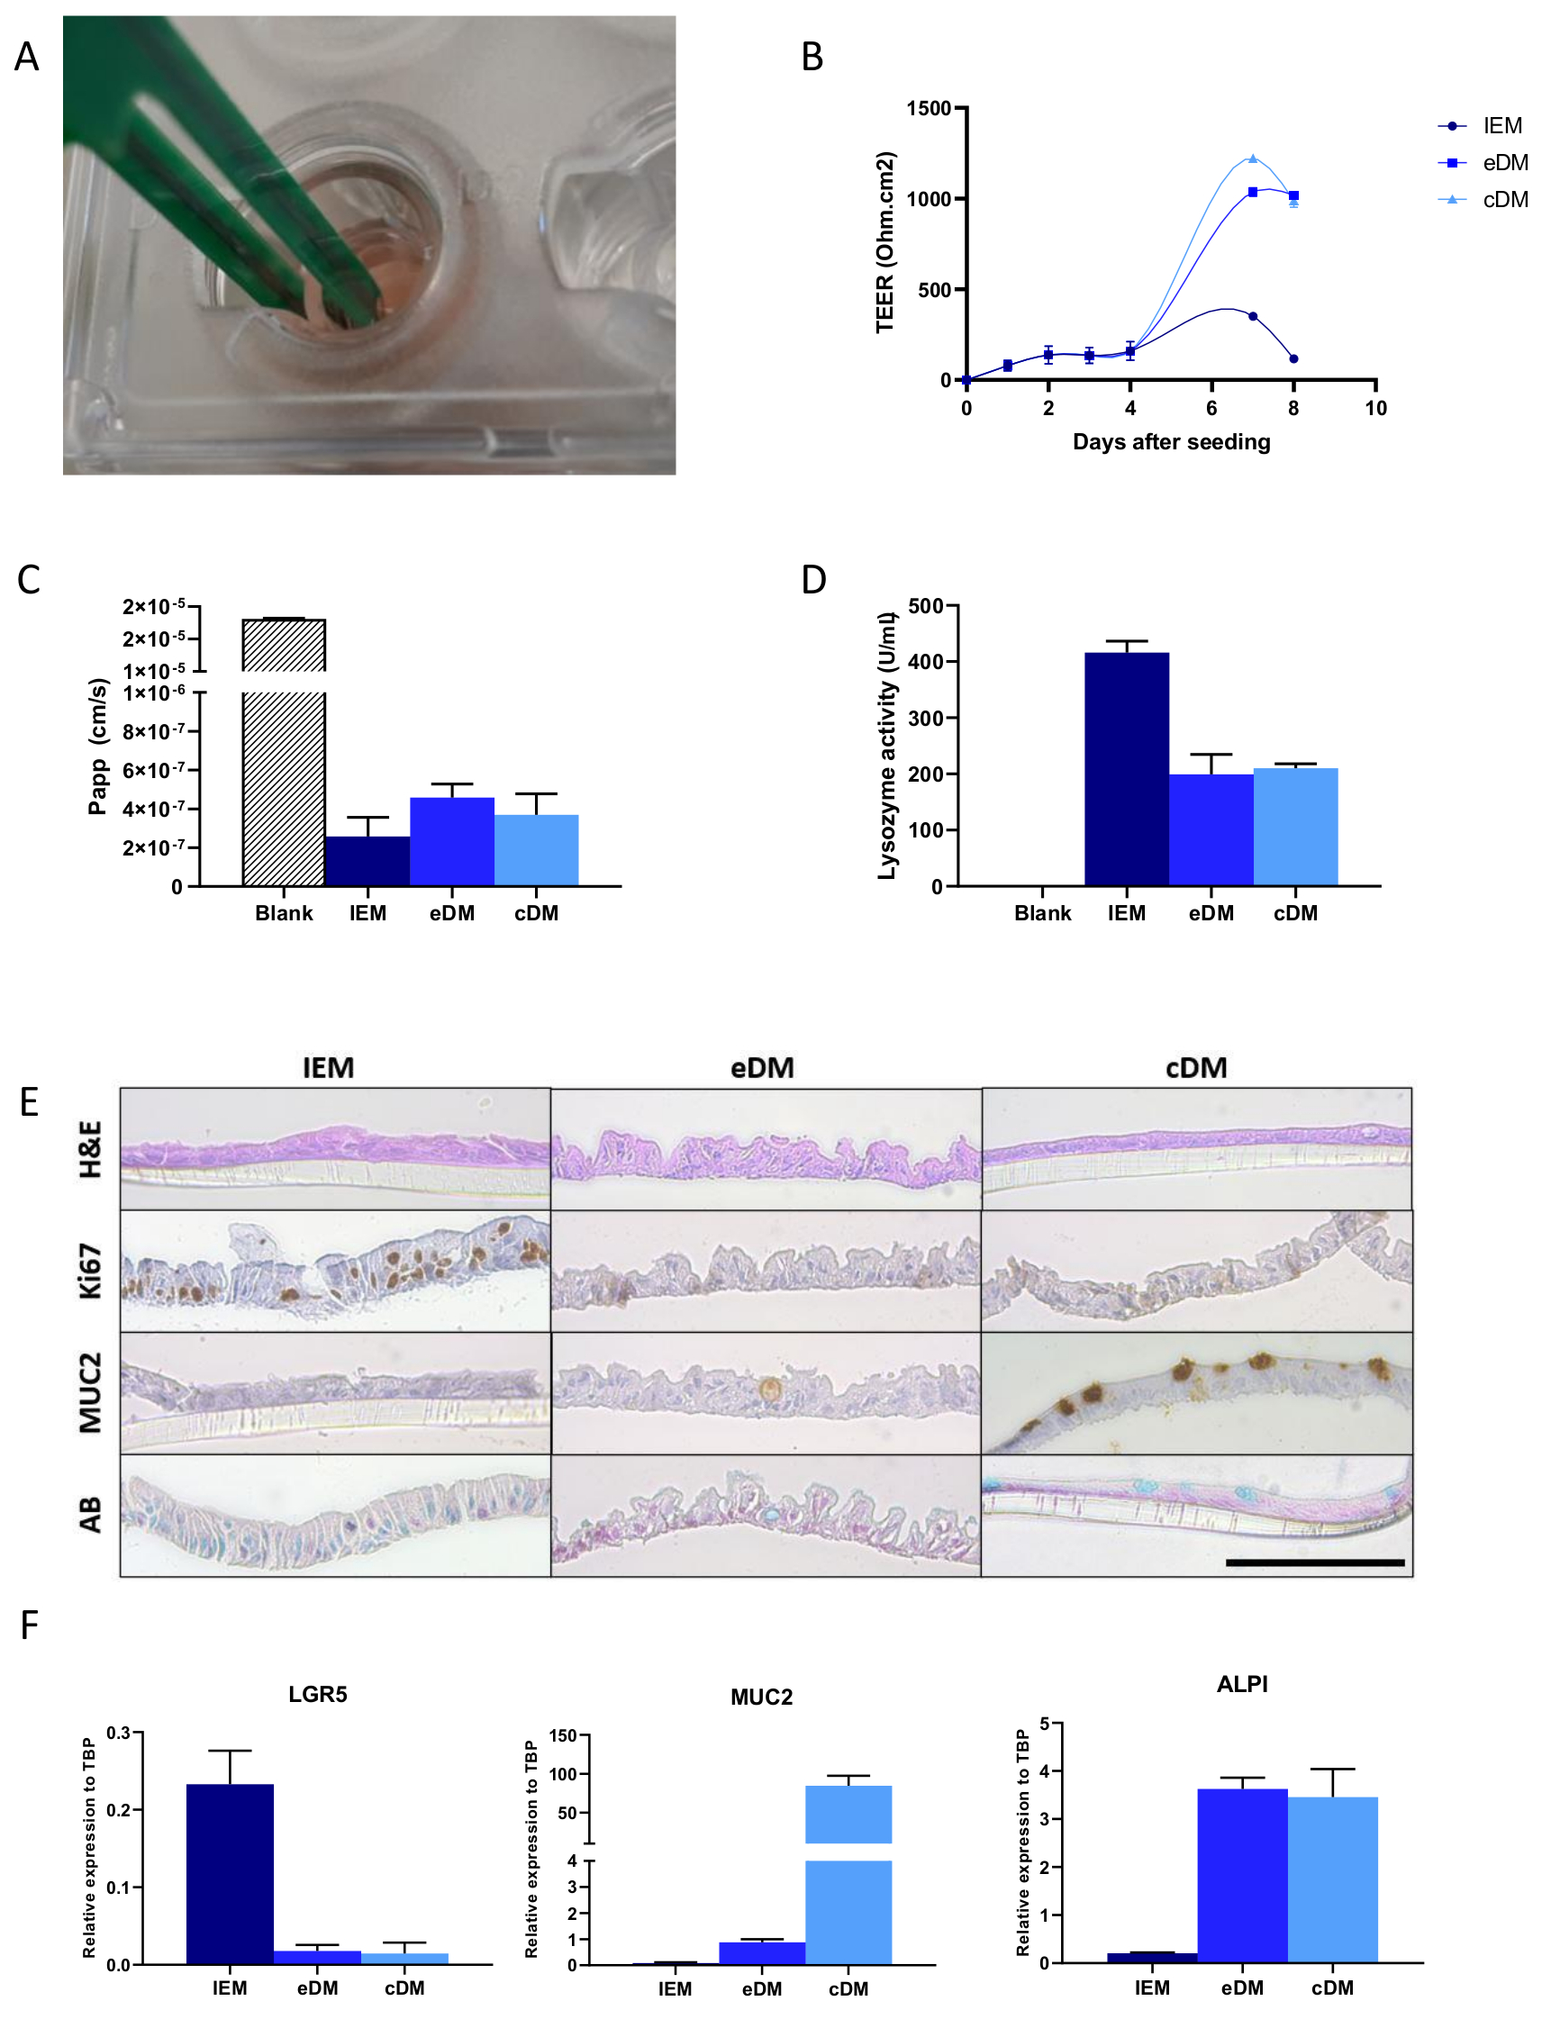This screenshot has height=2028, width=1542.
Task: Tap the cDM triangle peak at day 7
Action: [x=1253, y=158]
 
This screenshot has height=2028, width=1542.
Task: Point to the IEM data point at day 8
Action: [x=1293, y=358]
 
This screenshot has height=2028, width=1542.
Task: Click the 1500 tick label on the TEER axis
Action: [x=928, y=108]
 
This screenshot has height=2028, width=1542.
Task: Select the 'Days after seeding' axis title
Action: [x=1171, y=442]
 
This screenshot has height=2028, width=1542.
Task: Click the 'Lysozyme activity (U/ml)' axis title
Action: [x=885, y=745]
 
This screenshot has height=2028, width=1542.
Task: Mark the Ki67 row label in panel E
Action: [x=90, y=1271]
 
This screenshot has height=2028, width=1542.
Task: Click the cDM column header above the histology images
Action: [x=1196, y=1068]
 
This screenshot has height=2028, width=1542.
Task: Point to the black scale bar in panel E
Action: [x=1314, y=1562]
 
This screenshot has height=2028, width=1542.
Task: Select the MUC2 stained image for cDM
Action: [x=1197, y=1393]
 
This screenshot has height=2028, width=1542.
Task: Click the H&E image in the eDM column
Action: [x=766, y=1149]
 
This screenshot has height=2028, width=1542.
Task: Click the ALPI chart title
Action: [x=1242, y=1684]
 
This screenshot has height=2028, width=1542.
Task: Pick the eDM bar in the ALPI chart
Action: [x=1242, y=1876]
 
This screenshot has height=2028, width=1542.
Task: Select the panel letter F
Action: [x=30, y=1625]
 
